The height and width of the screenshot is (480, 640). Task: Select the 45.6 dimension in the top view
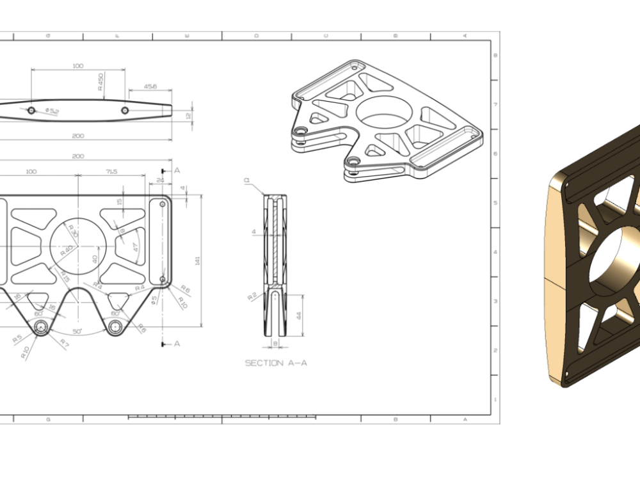[150, 86]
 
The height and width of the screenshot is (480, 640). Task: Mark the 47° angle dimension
[135, 248]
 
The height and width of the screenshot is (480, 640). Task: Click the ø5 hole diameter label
[154, 300]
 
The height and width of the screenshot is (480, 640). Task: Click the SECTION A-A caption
[276, 363]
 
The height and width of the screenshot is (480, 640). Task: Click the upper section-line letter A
[177, 170]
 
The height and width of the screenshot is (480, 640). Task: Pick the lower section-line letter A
[177, 344]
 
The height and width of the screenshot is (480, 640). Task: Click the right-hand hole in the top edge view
[125, 111]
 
